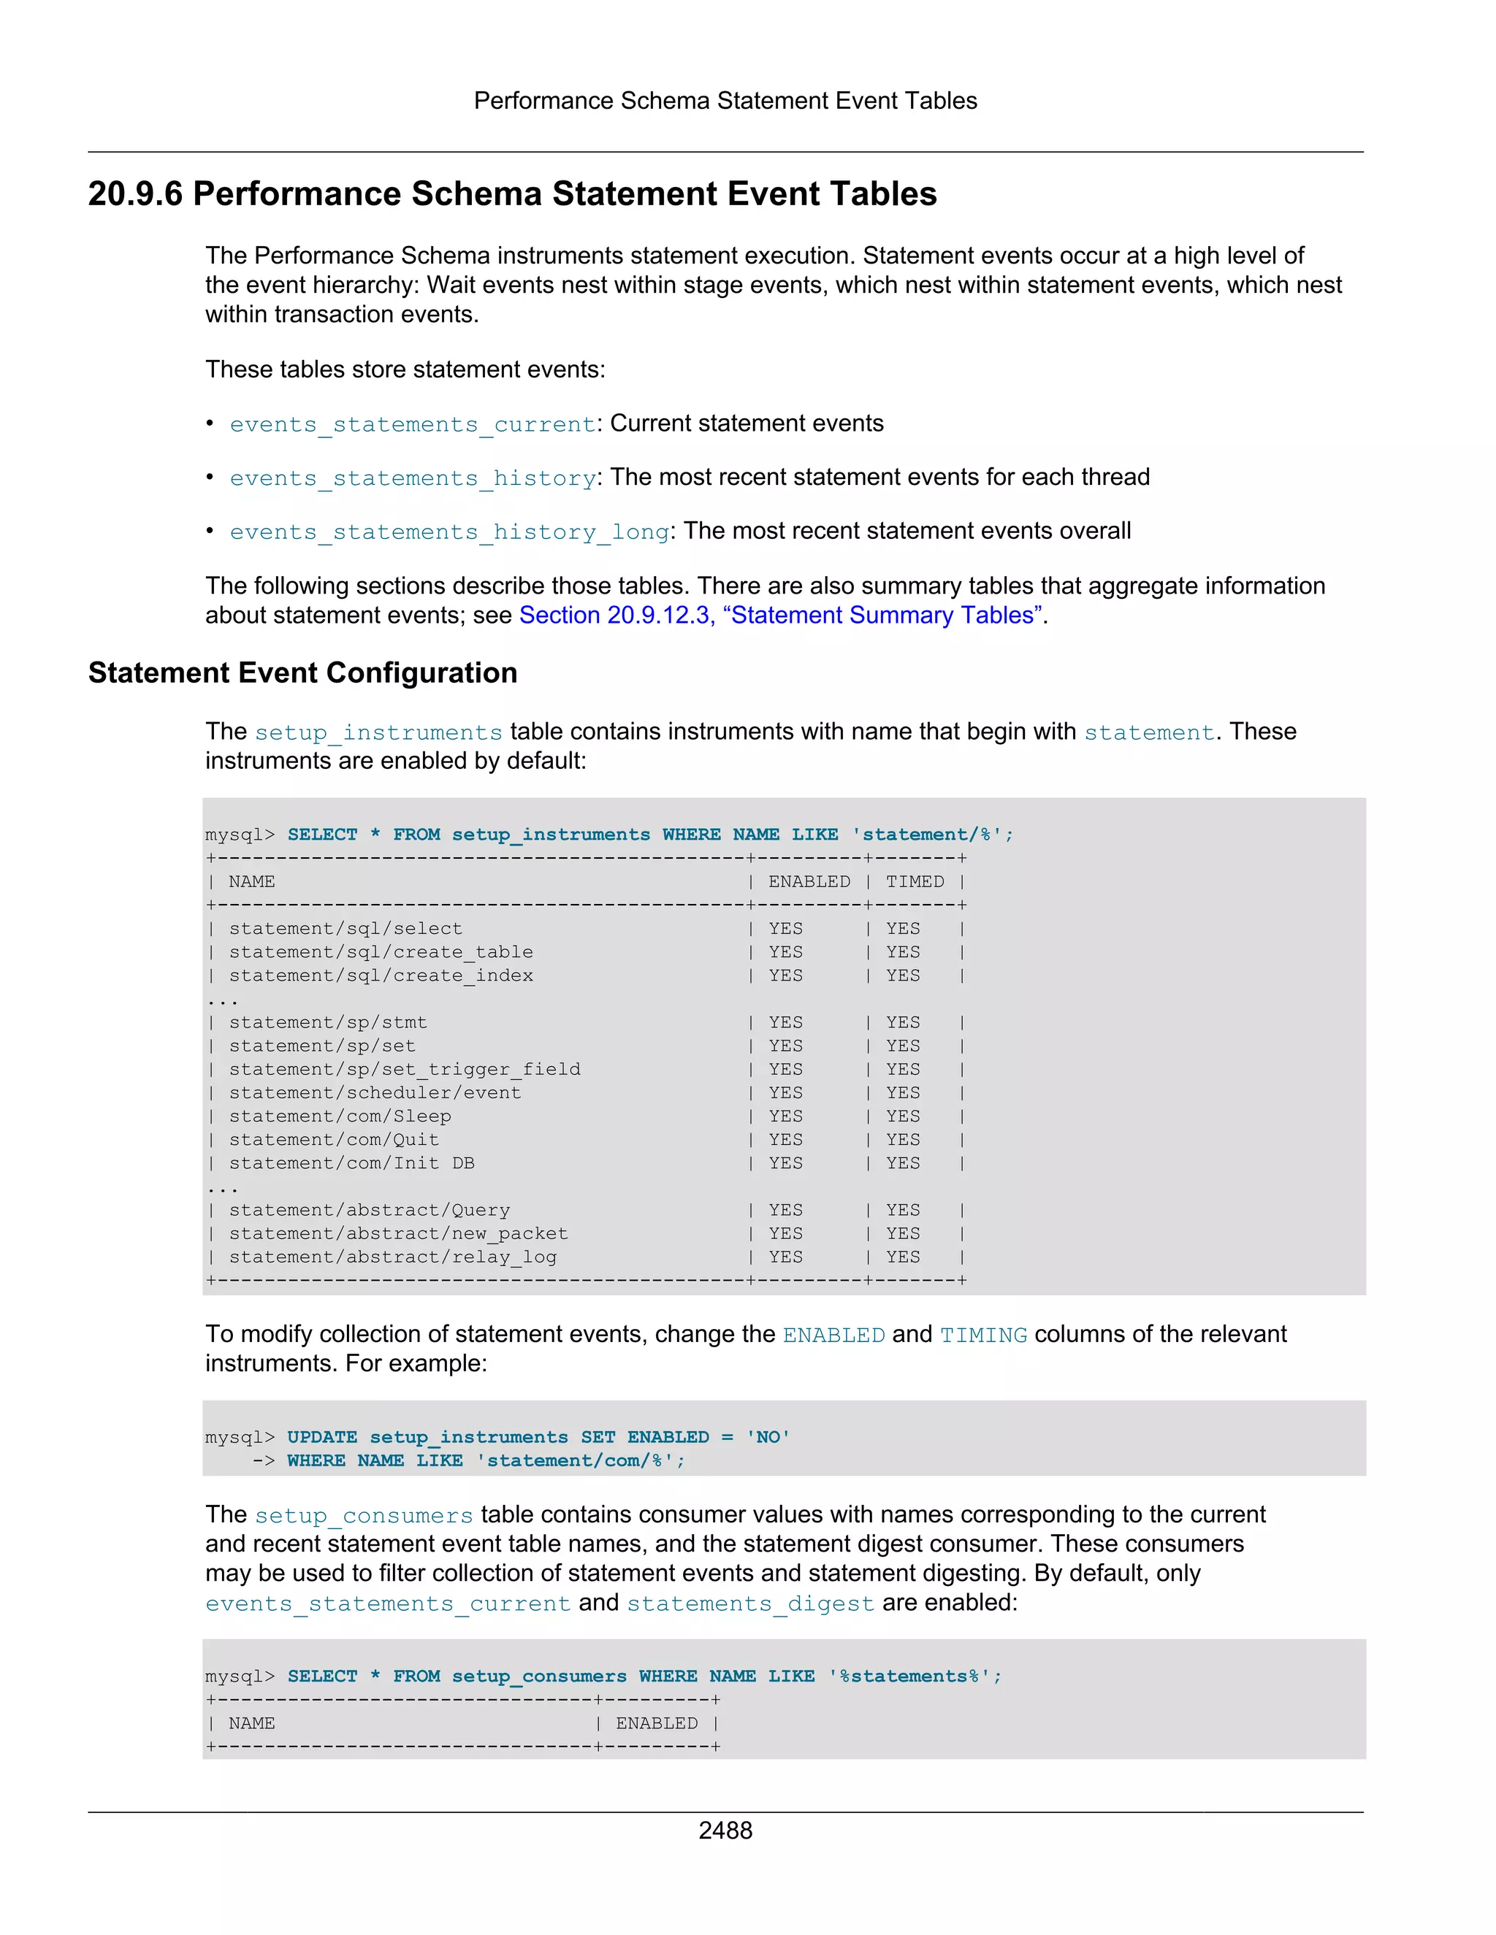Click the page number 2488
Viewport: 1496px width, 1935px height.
725,1830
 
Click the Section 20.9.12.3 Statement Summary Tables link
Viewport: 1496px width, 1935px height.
781,615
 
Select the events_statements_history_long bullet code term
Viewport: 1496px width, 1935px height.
449,532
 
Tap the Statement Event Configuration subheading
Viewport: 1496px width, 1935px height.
302,673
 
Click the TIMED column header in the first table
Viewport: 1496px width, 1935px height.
914,881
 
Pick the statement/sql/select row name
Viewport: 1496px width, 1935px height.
346,929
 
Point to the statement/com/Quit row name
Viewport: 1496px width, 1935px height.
333,1139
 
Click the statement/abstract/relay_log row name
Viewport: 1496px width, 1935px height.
392,1257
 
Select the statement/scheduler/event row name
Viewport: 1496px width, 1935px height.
375,1092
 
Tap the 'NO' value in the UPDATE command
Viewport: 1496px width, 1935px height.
768,1437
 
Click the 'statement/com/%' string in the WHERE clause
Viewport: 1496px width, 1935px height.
581,1460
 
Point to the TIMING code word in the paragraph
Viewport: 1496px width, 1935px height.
983,1336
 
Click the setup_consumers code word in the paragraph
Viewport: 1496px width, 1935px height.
363,1516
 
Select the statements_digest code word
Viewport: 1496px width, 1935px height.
749,1603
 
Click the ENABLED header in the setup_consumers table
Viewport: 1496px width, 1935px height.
656,1723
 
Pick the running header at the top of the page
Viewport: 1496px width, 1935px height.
725,101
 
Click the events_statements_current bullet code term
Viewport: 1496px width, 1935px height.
412,424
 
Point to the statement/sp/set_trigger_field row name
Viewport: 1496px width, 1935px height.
404,1070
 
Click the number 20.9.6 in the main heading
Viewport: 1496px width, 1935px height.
134,194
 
